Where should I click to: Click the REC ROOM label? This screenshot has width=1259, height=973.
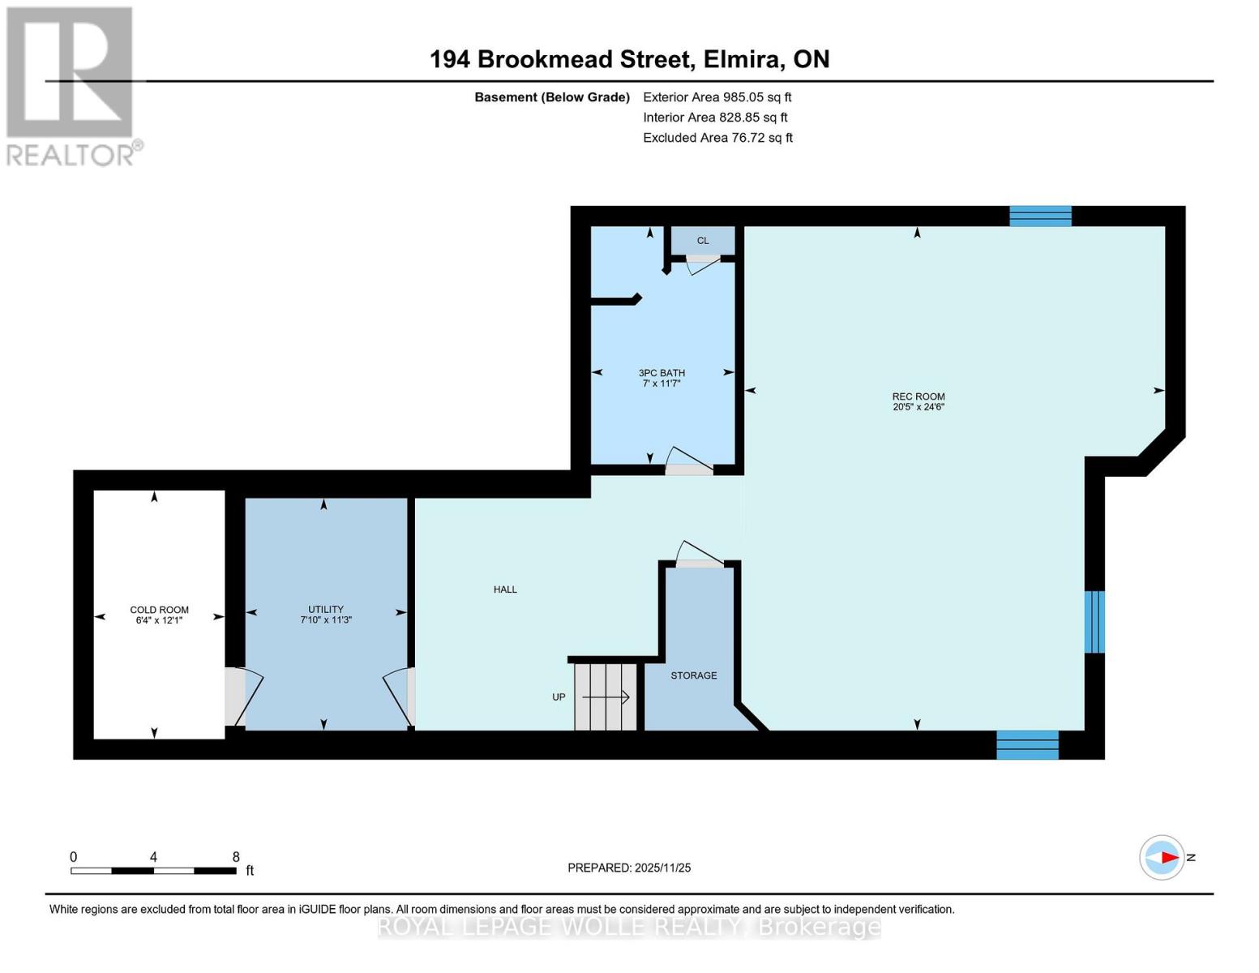tap(918, 396)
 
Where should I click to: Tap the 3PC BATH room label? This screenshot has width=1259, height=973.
tap(662, 373)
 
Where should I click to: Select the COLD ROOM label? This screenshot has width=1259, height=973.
tap(160, 610)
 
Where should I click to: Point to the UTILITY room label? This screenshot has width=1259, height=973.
tap(326, 609)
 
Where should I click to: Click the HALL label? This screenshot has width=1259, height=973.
tap(505, 589)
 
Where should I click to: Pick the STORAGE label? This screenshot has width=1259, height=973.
tap(693, 675)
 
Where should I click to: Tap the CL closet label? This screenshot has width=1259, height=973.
tap(703, 241)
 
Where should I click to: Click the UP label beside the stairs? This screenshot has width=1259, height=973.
tap(559, 697)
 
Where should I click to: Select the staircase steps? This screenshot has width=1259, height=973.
tap(606, 697)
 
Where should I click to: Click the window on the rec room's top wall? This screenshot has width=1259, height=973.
tap(1040, 216)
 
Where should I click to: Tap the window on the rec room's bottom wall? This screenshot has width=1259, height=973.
tap(1027, 744)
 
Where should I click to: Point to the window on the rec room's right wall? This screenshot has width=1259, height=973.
tap(1094, 622)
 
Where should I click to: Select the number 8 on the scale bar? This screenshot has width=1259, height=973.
tap(236, 856)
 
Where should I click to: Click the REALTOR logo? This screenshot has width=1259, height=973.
tap(72, 87)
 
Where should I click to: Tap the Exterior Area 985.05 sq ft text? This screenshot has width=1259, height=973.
tap(717, 97)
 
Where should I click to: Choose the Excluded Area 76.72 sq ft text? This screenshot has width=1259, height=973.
tap(717, 138)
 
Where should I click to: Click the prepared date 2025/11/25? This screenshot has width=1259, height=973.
tap(663, 868)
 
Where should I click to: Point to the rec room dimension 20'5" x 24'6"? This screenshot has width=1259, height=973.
tap(919, 407)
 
